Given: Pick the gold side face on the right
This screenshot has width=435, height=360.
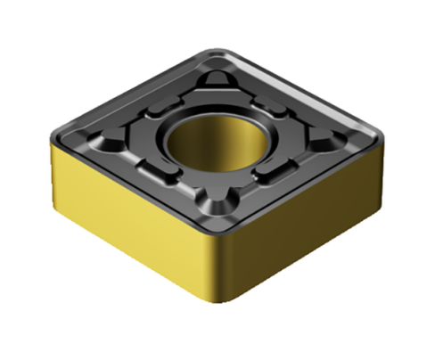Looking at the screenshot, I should pos(312,223).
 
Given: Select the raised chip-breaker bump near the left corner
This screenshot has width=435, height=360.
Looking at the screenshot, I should pos(111,143).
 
